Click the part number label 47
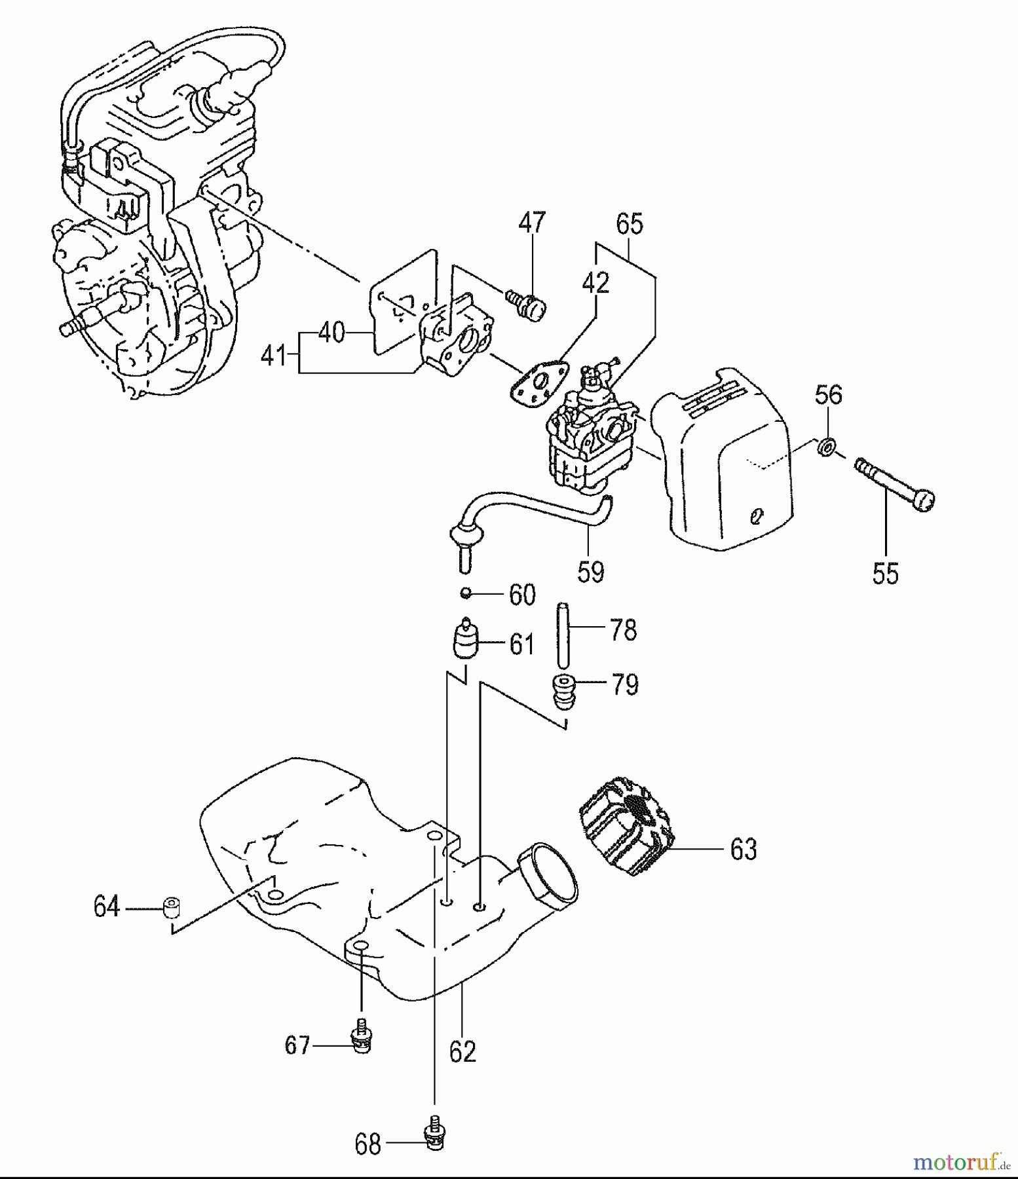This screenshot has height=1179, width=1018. (531, 223)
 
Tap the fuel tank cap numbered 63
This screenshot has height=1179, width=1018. (626, 826)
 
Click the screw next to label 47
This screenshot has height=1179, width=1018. (528, 304)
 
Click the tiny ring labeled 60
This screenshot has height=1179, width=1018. (466, 593)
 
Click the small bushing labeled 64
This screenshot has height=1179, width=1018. (171, 908)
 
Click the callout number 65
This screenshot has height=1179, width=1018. (630, 224)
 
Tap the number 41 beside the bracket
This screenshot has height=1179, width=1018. (274, 356)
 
